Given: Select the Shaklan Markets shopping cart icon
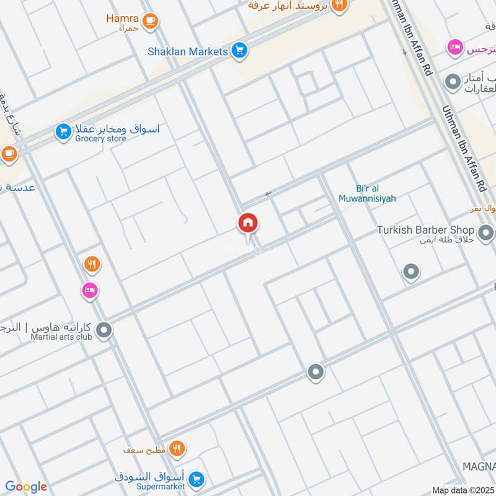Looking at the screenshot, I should (239, 51).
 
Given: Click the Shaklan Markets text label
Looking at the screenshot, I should (187, 51).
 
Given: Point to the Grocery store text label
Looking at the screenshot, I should (100, 139).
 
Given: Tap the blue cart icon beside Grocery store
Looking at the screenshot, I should (63, 131).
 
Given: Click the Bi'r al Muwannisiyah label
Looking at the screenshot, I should (367, 193).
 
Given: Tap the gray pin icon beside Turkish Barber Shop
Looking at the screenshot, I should (487, 234).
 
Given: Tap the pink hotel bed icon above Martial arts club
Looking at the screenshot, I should (90, 290).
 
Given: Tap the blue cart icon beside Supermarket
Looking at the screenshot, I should (197, 479).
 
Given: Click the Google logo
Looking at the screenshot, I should (26, 487).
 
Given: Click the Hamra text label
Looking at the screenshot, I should (122, 18).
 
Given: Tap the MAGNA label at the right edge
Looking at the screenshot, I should (479, 466).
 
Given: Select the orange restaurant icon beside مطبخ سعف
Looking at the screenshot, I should (177, 448).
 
